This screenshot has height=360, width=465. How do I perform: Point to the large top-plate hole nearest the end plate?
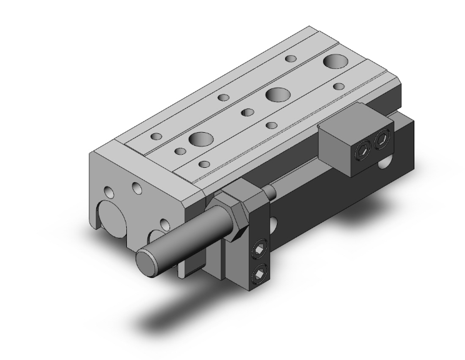[x=201, y=138]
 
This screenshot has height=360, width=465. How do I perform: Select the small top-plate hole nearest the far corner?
[x=291, y=59]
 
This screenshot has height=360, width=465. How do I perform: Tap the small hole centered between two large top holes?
[x=247, y=113]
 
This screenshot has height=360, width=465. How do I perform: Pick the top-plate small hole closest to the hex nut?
[x=204, y=164]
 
